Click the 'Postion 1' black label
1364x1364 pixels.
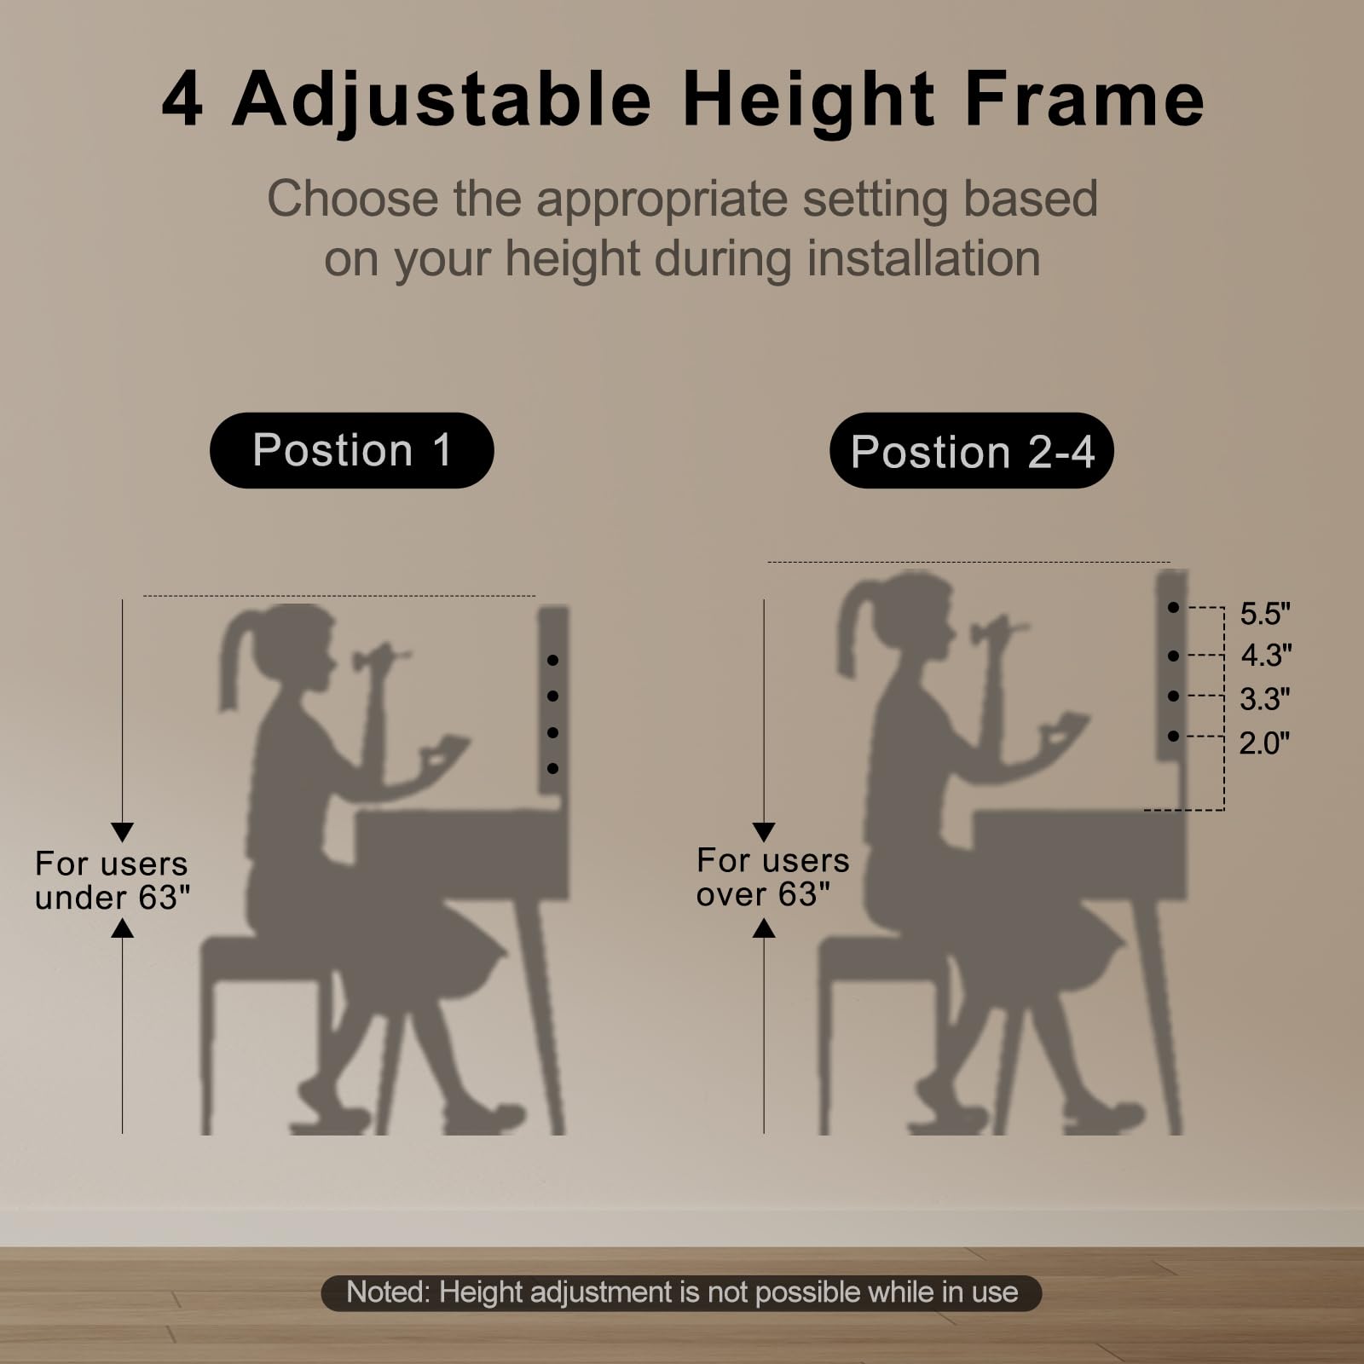pos(351,450)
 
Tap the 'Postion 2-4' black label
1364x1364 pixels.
pos(971,451)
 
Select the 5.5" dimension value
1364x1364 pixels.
pos(1265,614)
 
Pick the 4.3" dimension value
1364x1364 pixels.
pos(1266,656)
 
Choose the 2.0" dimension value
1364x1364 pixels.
pos(1264,743)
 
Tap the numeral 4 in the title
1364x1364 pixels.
pos(182,101)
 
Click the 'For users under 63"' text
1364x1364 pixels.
pos(112,881)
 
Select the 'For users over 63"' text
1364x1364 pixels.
pos(772,877)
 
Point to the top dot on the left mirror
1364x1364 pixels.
pos(553,660)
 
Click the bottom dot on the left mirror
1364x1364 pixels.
pos(553,768)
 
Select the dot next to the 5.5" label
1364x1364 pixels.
pos(1174,607)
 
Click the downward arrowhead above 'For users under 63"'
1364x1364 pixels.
pos(123,832)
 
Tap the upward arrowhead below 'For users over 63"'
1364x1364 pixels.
pos(764,928)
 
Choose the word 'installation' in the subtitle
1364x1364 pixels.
pos(923,258)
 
